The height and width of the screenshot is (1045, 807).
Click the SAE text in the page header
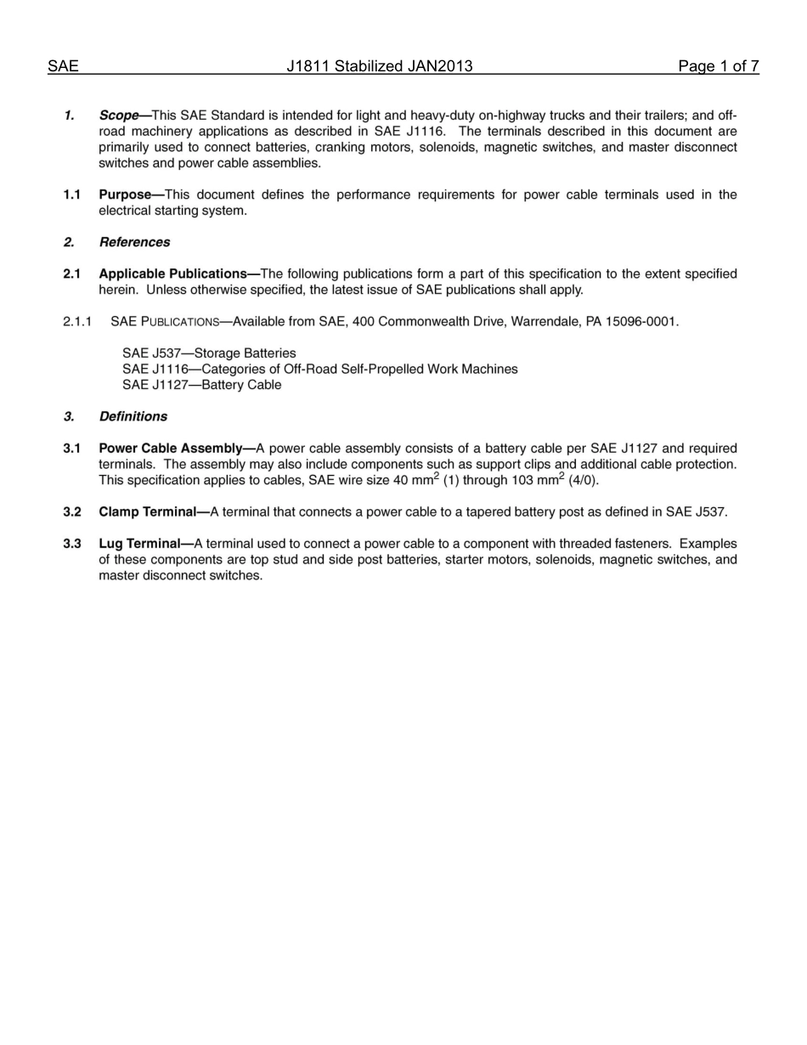click(63, 66)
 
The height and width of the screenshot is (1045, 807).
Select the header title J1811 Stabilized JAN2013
click(380, 66)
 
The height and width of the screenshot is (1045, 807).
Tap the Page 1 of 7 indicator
click(718, 66)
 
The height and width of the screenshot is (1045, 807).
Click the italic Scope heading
click(118, 116)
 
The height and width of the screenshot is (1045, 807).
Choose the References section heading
click(134, 242)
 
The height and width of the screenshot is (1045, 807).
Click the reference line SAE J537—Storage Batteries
click(209, 353)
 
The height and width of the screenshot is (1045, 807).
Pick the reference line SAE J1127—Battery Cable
click(201, 385)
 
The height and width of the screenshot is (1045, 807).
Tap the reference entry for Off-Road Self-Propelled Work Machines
click(319, 369)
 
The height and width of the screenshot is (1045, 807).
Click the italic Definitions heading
click(133, 416)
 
